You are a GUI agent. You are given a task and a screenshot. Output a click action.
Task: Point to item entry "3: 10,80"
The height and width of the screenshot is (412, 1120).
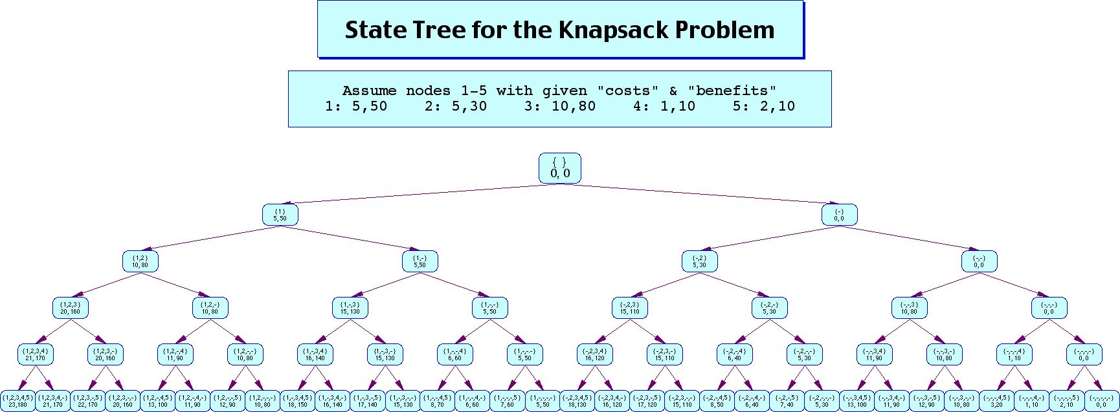click(559, 106)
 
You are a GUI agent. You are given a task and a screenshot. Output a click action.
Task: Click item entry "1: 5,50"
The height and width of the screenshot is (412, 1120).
click(356, 106)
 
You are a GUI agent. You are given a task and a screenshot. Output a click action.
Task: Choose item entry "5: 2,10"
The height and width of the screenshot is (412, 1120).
click(763, 106)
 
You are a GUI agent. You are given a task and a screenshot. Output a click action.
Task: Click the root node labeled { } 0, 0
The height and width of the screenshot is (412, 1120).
click(559, 168)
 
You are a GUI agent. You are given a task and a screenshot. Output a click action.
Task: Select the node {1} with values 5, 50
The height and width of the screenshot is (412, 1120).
click(280, 215)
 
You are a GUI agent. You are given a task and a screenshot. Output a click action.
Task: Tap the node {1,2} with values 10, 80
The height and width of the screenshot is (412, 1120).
click(140, 261)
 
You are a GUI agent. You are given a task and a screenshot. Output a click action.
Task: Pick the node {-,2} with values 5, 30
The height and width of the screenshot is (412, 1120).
click(699, 261)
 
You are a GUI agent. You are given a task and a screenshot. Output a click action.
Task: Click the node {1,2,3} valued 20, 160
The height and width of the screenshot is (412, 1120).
click(70, 308)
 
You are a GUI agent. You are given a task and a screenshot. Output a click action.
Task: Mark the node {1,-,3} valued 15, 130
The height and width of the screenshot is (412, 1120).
click(350, 308)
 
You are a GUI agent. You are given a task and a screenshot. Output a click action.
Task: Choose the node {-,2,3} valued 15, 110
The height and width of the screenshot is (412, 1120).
click(629, 308)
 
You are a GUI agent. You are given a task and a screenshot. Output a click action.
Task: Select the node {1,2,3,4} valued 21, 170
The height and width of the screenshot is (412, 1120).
click(35, 354)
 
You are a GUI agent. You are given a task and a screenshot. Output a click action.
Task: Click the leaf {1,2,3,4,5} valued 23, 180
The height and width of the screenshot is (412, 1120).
click(17, 401)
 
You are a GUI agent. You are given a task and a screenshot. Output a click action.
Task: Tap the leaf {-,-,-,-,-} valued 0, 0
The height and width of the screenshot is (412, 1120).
click(1101, 401)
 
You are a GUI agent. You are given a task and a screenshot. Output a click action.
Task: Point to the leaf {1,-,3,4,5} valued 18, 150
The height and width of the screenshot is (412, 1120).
click(297, 401)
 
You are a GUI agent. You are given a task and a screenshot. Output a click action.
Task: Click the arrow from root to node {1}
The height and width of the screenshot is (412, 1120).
click(414, 194)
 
